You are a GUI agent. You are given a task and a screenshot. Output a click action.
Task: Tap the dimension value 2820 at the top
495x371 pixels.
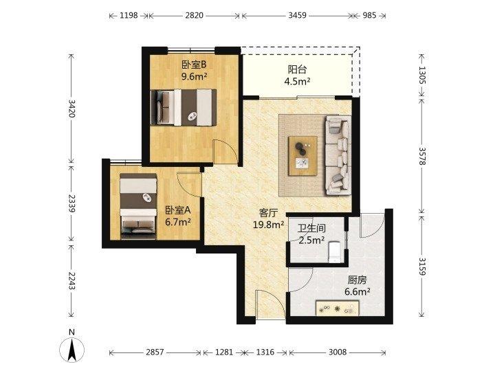[x=194, y=15]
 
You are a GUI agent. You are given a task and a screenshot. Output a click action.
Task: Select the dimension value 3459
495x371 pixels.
[x=298, y=15]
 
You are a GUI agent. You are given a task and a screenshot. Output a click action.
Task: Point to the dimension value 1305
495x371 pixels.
[x=422, y=75]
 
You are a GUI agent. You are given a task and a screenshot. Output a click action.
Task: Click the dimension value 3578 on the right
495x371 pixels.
[x=422, y=156]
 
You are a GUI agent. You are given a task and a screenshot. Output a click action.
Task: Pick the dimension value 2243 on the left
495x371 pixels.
[x=71, y=281]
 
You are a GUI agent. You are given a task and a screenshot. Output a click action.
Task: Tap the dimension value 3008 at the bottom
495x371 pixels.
[x=338, y=352]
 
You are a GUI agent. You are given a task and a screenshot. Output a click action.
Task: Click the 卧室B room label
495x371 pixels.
[x=194, y=65]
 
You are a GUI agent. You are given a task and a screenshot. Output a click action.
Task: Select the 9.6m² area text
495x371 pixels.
[x=194, y=76]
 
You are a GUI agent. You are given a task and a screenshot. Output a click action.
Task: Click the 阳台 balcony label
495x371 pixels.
[x=297, y=69]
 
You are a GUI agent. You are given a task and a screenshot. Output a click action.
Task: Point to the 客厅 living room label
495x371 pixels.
[x=268, y=213]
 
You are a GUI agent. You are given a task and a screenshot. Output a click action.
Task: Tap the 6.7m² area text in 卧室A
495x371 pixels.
[x=178, y=222]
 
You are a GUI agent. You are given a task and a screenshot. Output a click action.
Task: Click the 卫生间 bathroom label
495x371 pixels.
[x=311, y=228]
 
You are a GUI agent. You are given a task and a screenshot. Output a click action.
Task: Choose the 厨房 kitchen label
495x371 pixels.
[x=357, y=280]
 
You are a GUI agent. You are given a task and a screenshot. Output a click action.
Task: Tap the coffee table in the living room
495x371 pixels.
[x=303, y=155]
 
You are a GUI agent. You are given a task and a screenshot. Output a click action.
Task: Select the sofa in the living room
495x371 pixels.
[x=338, y=155]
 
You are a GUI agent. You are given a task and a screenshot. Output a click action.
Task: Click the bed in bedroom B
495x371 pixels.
[x=184, y=107]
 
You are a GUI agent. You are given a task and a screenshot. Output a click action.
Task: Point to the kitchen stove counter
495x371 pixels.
[x=338, y=308]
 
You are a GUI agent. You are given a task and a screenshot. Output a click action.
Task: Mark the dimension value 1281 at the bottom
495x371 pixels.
[x=224, y=352]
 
